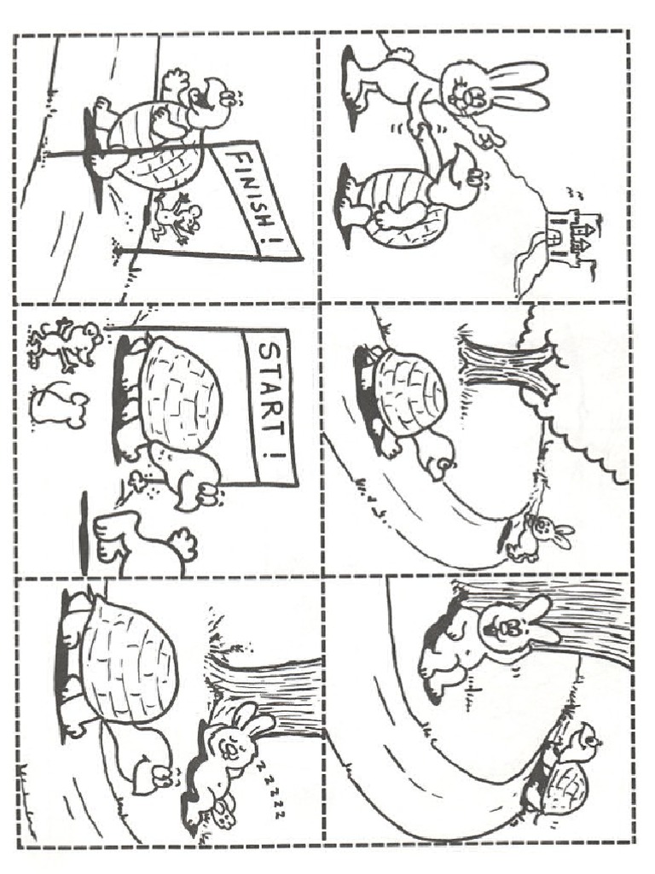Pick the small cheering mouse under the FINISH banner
pyautogui.click(x=176, y=218)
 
